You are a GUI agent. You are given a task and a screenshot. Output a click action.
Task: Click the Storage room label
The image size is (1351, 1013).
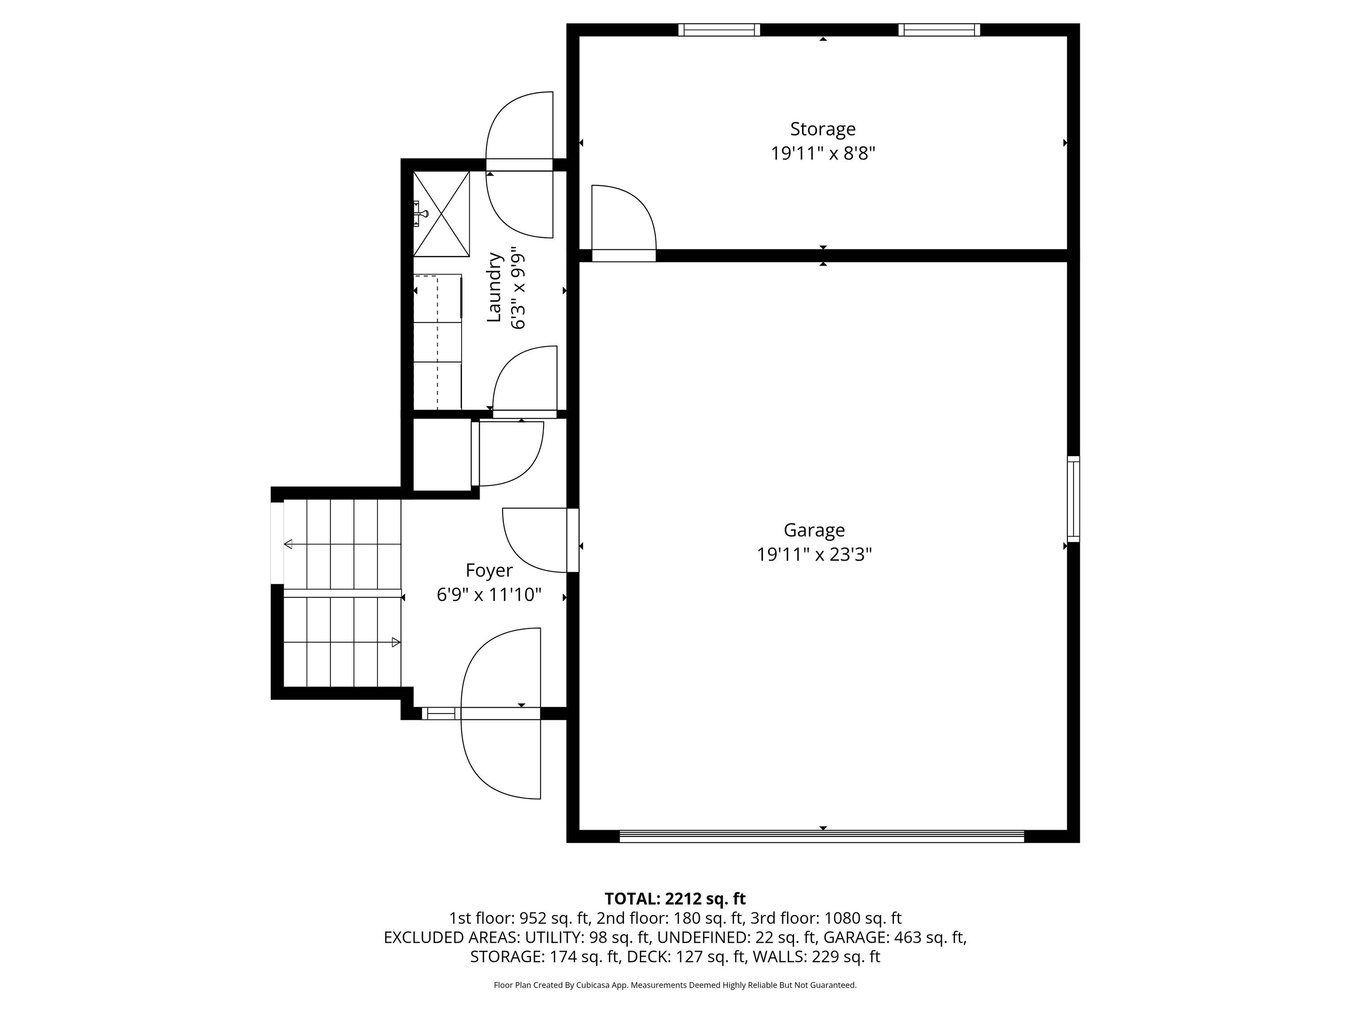tap(823, 129)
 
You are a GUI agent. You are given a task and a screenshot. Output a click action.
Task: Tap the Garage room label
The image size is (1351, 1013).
tap(814, 529)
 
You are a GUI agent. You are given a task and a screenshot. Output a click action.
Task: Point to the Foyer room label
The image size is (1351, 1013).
tap(489, 570)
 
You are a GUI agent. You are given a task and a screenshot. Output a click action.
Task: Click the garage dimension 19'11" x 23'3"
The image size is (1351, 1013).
tap(814, 554)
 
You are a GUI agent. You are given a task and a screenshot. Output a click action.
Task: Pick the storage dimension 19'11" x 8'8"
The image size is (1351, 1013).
tap(823, 153)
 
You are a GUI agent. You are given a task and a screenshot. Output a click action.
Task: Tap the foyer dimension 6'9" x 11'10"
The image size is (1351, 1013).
tap(489, 595)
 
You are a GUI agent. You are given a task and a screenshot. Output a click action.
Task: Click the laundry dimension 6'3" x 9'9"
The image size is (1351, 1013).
tap(518, 288)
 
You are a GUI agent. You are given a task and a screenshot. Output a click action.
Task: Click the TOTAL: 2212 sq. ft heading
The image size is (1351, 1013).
tap(675, 899)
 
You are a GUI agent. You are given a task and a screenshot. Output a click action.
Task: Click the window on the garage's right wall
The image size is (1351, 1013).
tap(1073, 499)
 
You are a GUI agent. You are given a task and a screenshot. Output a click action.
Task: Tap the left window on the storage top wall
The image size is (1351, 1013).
tap(719, 30)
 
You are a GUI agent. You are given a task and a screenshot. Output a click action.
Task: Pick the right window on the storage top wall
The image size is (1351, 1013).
tap(939, 30)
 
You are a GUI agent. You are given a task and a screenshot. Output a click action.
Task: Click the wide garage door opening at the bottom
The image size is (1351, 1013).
tap(822, 837)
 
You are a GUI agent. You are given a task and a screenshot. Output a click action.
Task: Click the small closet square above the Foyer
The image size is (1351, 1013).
tap(442, 454)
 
